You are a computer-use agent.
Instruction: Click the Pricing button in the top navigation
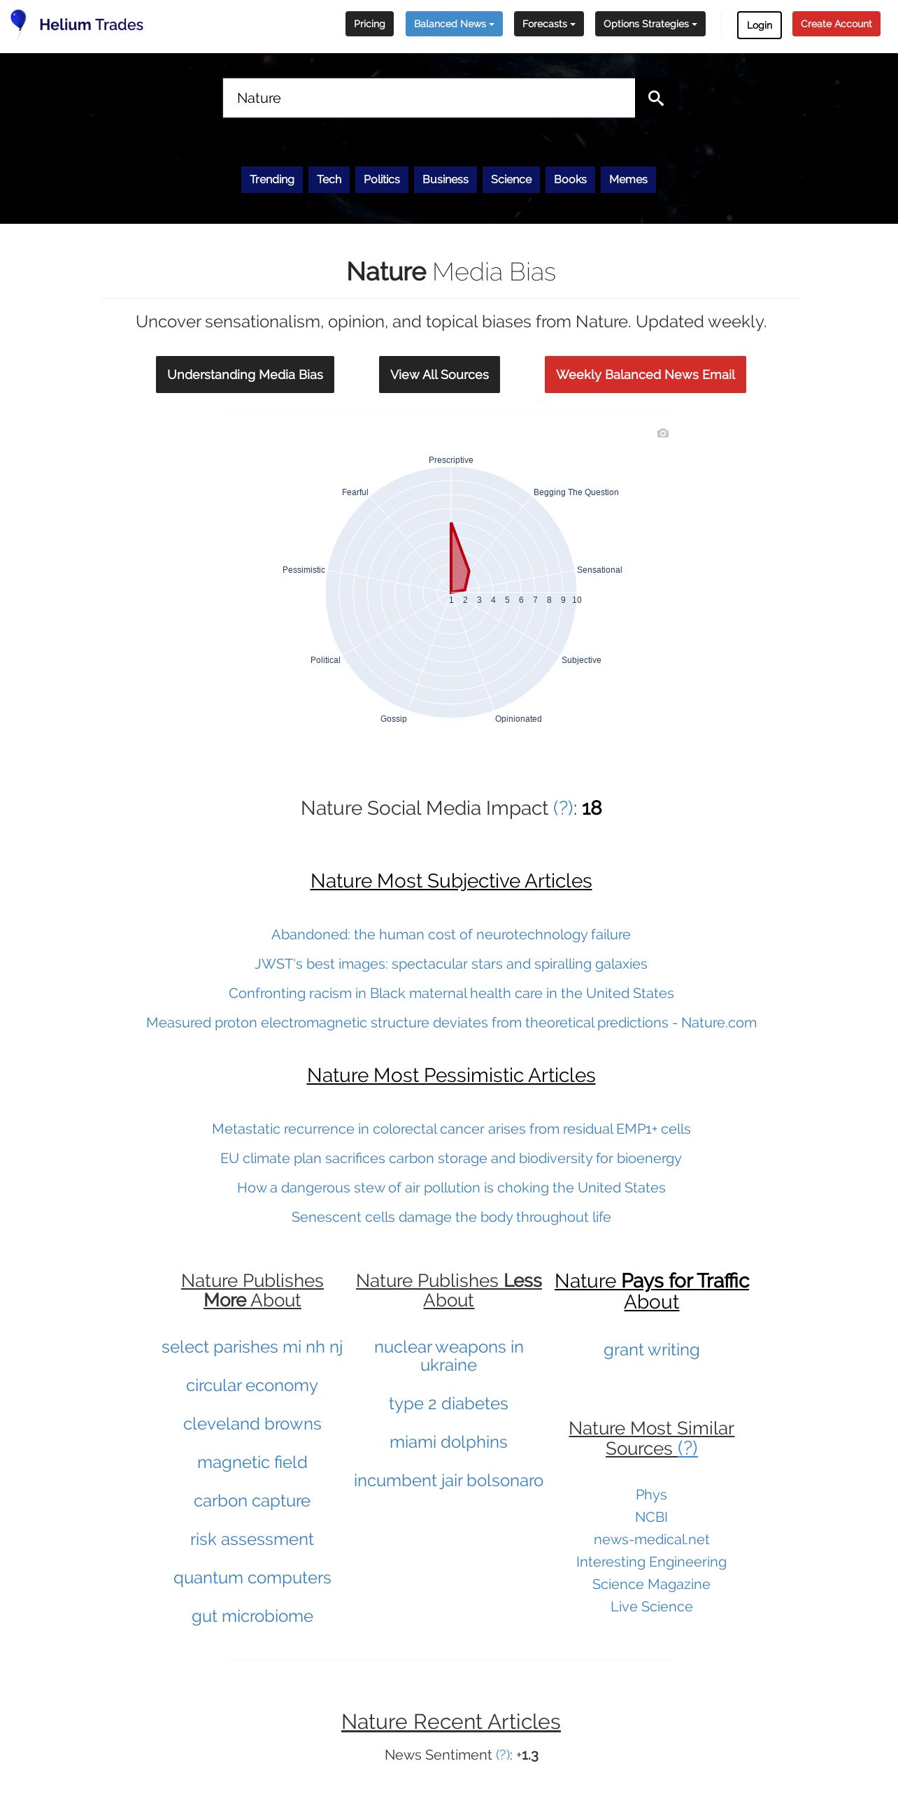click(369, 24)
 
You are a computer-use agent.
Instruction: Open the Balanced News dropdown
click(454, 24)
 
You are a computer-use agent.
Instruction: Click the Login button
click(759, 25)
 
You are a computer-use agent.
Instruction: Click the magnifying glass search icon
click(655, 98)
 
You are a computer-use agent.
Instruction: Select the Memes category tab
click(628, 179)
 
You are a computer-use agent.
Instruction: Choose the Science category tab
click(511, 179)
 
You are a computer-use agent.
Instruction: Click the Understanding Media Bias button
click(245, 374)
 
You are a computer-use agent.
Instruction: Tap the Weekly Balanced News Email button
click(645, 374)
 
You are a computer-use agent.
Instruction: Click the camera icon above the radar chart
click(663, 434)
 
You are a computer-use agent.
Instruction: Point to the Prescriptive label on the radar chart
click(450, 460)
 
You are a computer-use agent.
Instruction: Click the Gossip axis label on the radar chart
click(393, 719)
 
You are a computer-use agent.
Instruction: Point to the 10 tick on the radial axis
click(576, 600)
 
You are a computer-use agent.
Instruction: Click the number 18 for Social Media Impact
click(592, 808)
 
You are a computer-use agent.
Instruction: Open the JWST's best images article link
click(450, 964)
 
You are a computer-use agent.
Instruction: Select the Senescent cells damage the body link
click(450, 1217)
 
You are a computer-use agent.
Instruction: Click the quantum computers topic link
click(252, 1578)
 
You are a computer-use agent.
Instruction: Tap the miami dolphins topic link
click(448, 1442)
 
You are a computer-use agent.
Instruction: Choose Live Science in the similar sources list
click(651, 1606)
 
